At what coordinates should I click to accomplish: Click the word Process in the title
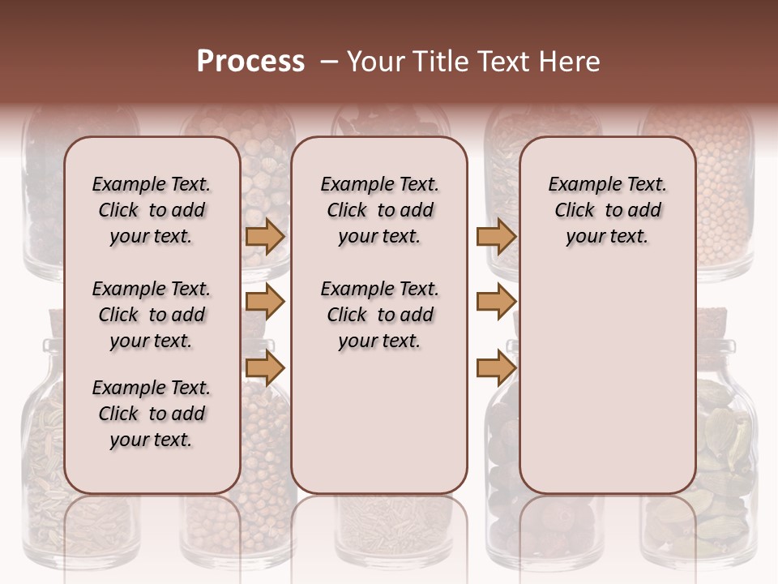tap(250, 62)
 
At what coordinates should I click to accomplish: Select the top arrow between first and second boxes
tap(265, 236)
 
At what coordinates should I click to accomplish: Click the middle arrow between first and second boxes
tap(265, 302)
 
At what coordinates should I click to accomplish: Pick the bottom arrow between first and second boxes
tap(265, 368)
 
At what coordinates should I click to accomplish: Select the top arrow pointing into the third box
tap(496, 236)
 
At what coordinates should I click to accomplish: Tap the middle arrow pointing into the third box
tap(496, 302)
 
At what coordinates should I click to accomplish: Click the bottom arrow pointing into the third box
tap(496, 368)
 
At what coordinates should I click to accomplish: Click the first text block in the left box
tap(152, 210)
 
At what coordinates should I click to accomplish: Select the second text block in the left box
tap(152, 315)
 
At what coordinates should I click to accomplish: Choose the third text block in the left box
tap(152, 414)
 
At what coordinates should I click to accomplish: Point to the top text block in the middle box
tap(379, 210)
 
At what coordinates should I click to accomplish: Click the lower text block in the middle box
tap(379, 315)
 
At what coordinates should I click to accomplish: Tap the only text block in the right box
tap(607, 210)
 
